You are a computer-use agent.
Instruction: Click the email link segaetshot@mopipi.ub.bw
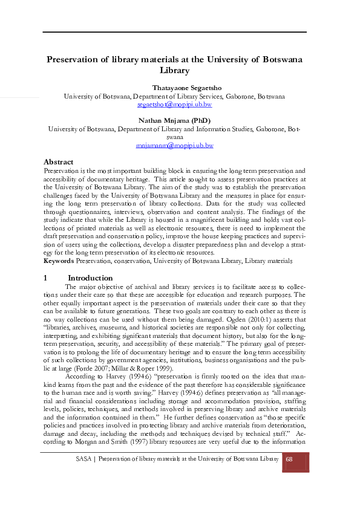coord(174,104)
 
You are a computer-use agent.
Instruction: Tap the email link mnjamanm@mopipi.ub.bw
coord(174,145)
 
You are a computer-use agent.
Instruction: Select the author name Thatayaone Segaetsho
coord(174,88)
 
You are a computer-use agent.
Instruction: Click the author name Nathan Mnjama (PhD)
coord(174,120)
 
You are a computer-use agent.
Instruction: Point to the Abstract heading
coord(59,162)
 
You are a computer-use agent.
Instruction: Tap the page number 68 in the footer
coord(289,459)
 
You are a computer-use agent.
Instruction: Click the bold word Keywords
coord(59,261)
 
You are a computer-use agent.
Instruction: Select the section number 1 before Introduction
coord(46,277)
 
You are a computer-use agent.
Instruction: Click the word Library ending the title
coord(174,70)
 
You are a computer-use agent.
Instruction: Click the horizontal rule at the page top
coord(174,31)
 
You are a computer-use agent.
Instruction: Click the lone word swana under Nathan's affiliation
coord(174,137)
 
